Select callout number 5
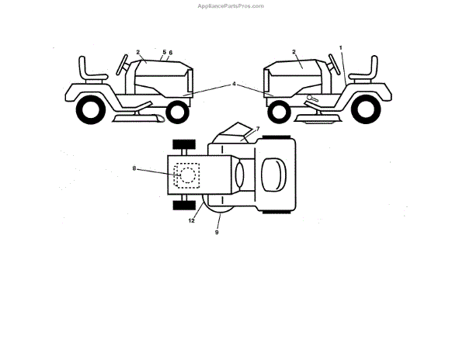[163, 52]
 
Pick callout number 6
[171, 52]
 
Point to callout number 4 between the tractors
[234, 84]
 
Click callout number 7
[257, 128]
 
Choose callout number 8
[134, 168]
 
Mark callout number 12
[191, 220]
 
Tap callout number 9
[217, 231]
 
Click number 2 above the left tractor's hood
[138, 52]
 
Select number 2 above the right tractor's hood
[294, 52]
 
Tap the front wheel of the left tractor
[177, 112]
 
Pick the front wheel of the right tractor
[277, 112]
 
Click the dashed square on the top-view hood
[186, 175]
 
